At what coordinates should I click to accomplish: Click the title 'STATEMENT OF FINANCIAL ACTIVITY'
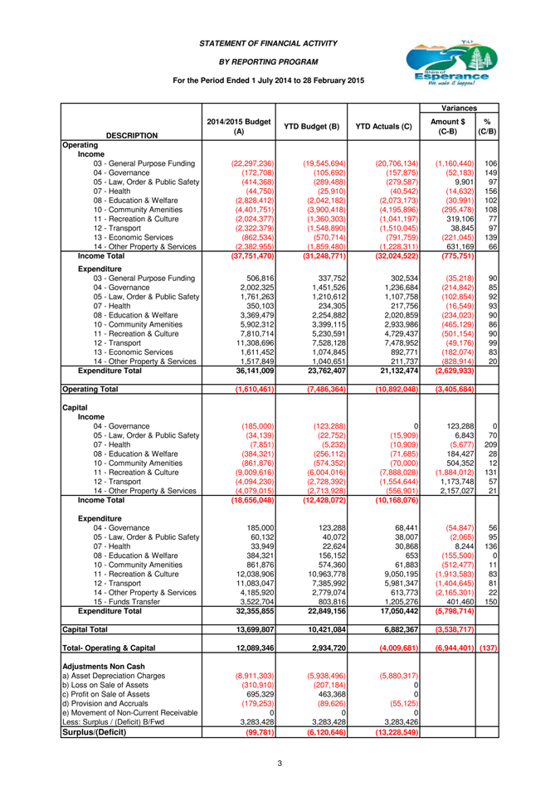tap(268, 43)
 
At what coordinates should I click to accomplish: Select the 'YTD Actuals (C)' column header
tap(382, 126)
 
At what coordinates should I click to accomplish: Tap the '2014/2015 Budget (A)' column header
tap(239, 126)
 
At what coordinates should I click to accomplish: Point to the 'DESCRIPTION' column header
tap(132, 135)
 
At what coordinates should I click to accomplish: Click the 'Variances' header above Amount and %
tap(458, 108)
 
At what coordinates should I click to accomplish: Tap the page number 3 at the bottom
tap(280, 763)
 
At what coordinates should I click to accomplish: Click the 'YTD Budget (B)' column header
tap(310, 126)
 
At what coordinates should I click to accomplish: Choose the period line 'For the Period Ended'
tap(268, 80)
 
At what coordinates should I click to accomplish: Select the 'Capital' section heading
tap(75, 408)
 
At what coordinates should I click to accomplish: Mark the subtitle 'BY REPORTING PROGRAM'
tap(268, 61)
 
